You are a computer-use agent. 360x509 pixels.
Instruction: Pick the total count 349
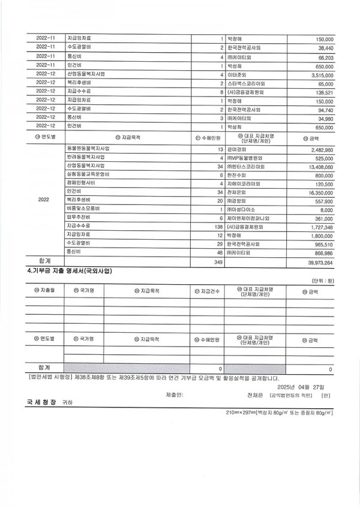pos(218,262)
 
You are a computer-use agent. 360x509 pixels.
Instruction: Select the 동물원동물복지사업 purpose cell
pos(88,148)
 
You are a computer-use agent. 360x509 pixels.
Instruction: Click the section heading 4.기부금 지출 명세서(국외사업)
pos(70,271)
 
